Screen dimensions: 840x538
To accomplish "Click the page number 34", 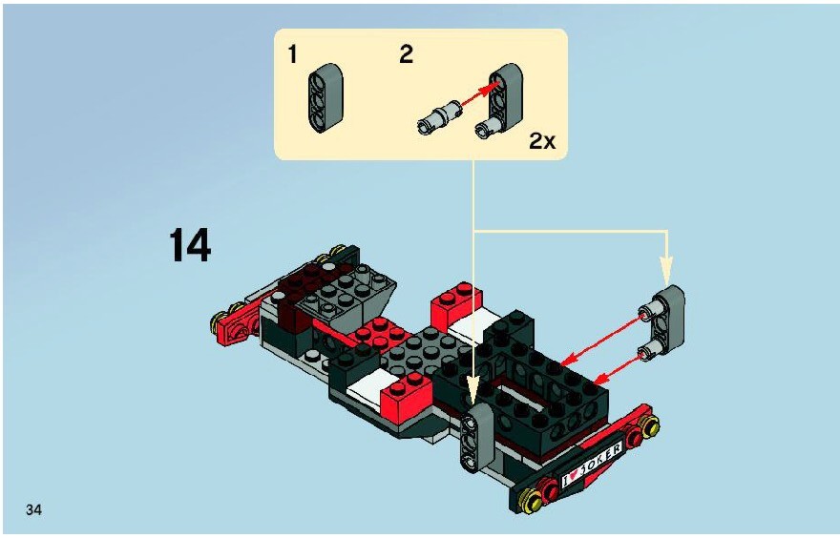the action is (33, 509).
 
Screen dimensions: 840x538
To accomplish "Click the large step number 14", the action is (190, 245).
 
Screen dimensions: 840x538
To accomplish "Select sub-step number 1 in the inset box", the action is (292, 54).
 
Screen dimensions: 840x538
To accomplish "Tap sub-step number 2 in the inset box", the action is (406, 54).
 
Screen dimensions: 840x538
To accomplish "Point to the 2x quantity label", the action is (542, 141).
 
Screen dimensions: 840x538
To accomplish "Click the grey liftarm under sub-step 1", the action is (325, 98).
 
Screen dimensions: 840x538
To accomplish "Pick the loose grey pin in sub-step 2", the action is (439, 116).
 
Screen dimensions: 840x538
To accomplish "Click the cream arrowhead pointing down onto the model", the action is (472, 388).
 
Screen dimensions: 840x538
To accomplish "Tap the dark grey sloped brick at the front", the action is (349, 294).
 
